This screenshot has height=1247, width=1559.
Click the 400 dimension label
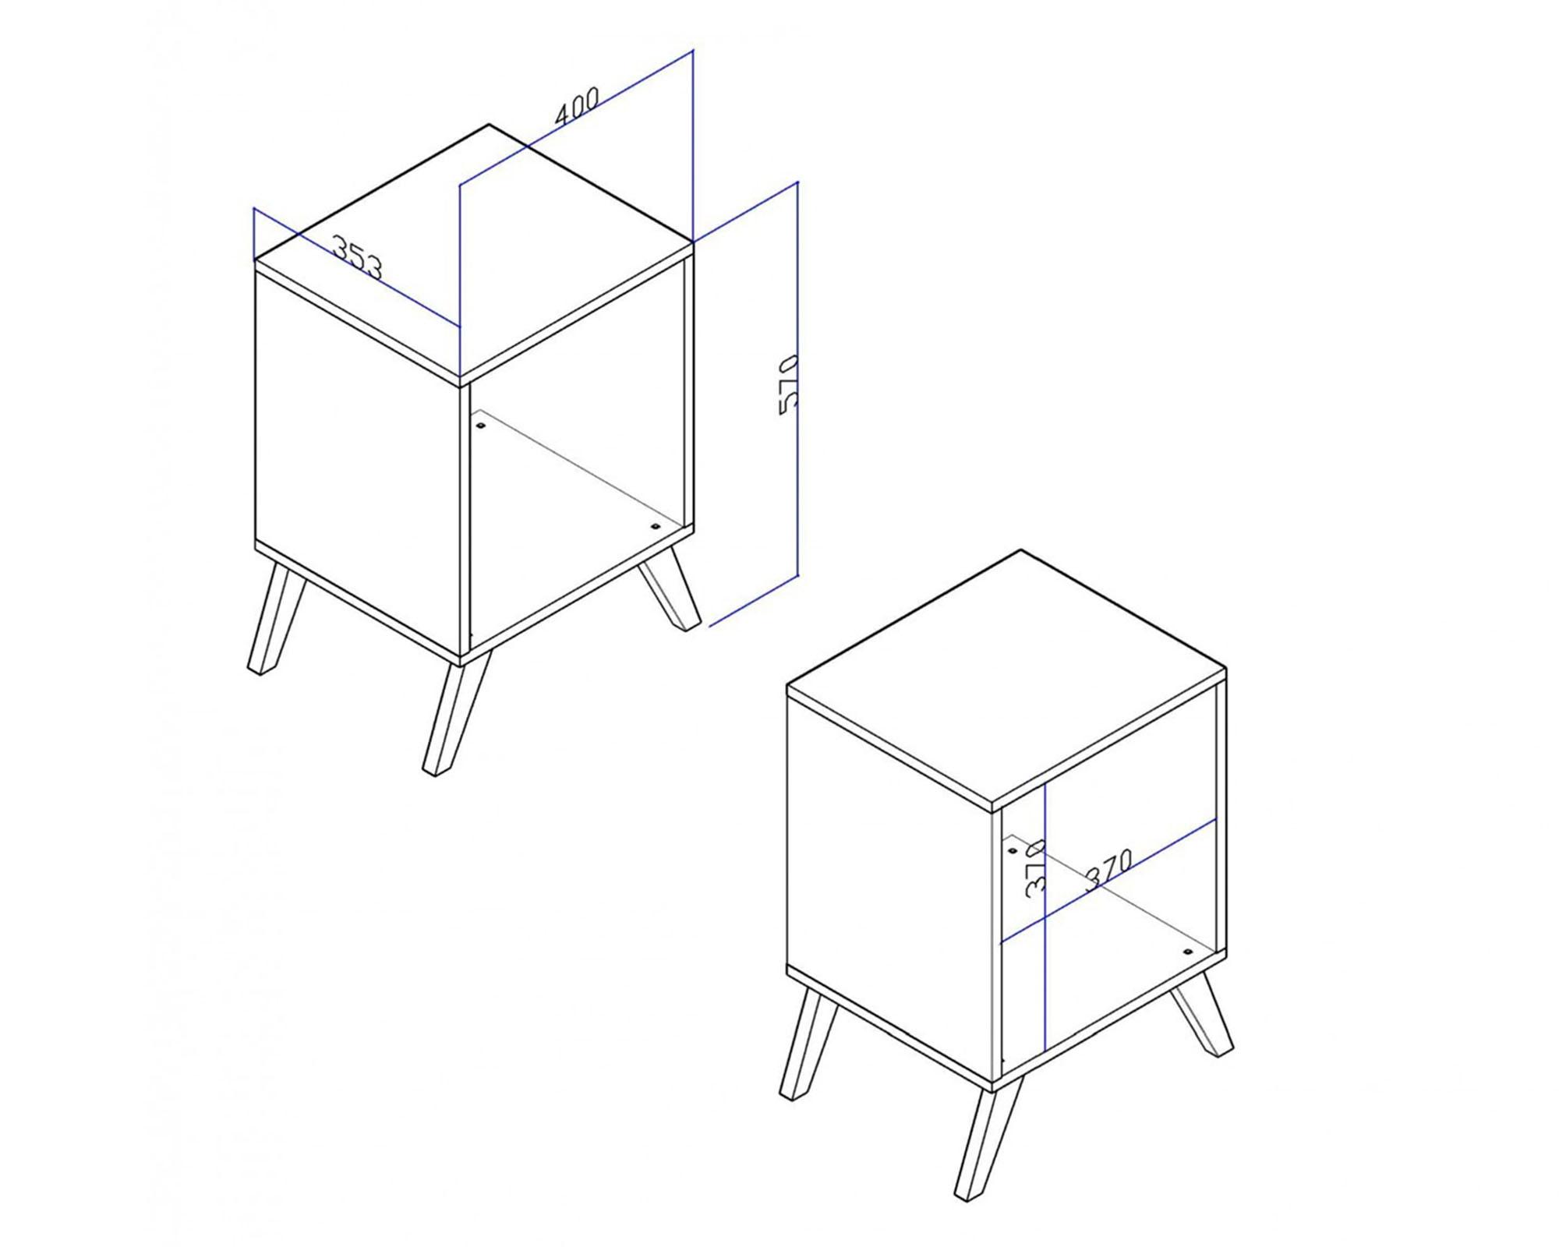pyautogui.click(x=577, y=105)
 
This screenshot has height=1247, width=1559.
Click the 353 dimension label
pyautogui.click(x=358, y=256)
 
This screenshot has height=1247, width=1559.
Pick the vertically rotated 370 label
pyautogui.click(x=1034, y=869)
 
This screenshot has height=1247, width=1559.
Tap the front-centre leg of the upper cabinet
pyautogui.click(x=457, y=712)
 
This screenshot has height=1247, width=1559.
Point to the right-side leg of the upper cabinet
pyautogui.click(x=669, y=592)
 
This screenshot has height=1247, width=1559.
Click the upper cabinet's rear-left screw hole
pyautogui.click(x=480, y=426)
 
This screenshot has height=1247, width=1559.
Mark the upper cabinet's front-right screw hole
pyautogui.click(x=653, y=528)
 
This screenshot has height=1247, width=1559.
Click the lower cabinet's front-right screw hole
pyautogui.click(x=1187, y=952)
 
